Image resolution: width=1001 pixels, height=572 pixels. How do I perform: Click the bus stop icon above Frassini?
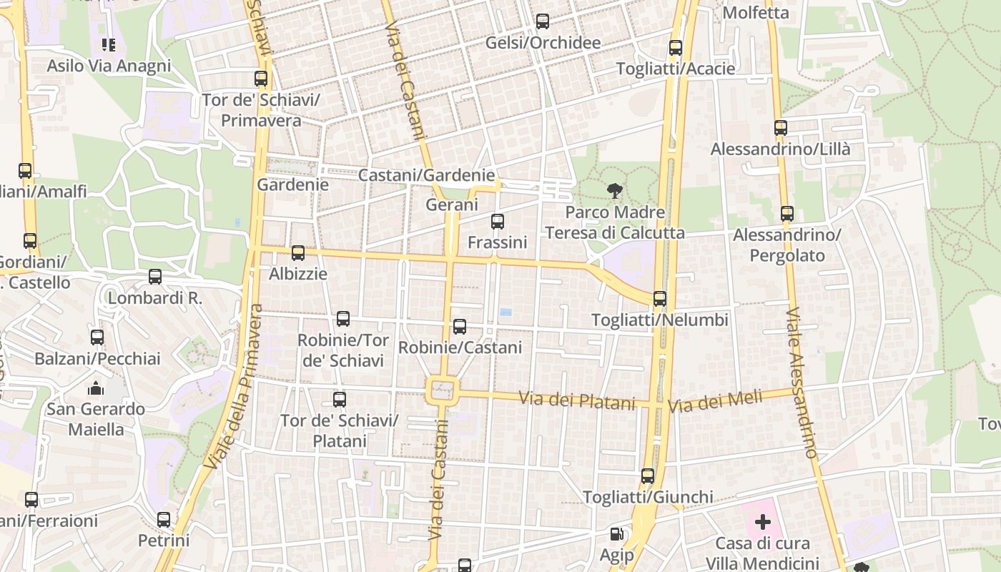point(498,222)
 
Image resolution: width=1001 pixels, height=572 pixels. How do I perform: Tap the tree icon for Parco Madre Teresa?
point(614,191)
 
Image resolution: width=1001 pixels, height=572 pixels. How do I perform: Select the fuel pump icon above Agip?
point(616,533)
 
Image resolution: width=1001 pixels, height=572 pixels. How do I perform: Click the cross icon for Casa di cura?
point(763,521)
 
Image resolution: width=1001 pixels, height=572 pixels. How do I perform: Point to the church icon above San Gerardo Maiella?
point(95,388)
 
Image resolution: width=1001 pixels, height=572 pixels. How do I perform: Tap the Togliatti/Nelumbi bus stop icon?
point(659,298)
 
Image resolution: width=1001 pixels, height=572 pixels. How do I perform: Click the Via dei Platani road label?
point(576,400)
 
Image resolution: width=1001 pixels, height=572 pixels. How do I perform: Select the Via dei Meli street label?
point(715,402)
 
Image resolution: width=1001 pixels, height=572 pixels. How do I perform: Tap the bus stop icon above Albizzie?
point(298,252)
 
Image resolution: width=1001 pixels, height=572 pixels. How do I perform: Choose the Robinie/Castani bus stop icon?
point(460,327)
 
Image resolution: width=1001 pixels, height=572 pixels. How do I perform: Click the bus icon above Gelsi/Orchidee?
point(543,21)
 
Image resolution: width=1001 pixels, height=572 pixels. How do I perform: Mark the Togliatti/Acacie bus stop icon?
point(675,48)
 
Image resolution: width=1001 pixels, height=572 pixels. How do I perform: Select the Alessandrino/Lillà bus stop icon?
point(780,128)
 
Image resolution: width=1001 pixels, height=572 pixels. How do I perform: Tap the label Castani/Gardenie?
point(426,175)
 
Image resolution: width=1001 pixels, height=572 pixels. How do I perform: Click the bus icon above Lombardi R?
point(155,277)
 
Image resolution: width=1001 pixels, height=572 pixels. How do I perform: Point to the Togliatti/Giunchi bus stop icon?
point(647,475)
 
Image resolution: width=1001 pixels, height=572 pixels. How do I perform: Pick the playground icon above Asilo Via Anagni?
point(109,45)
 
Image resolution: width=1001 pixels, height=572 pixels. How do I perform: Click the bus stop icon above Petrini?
point(164,520)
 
